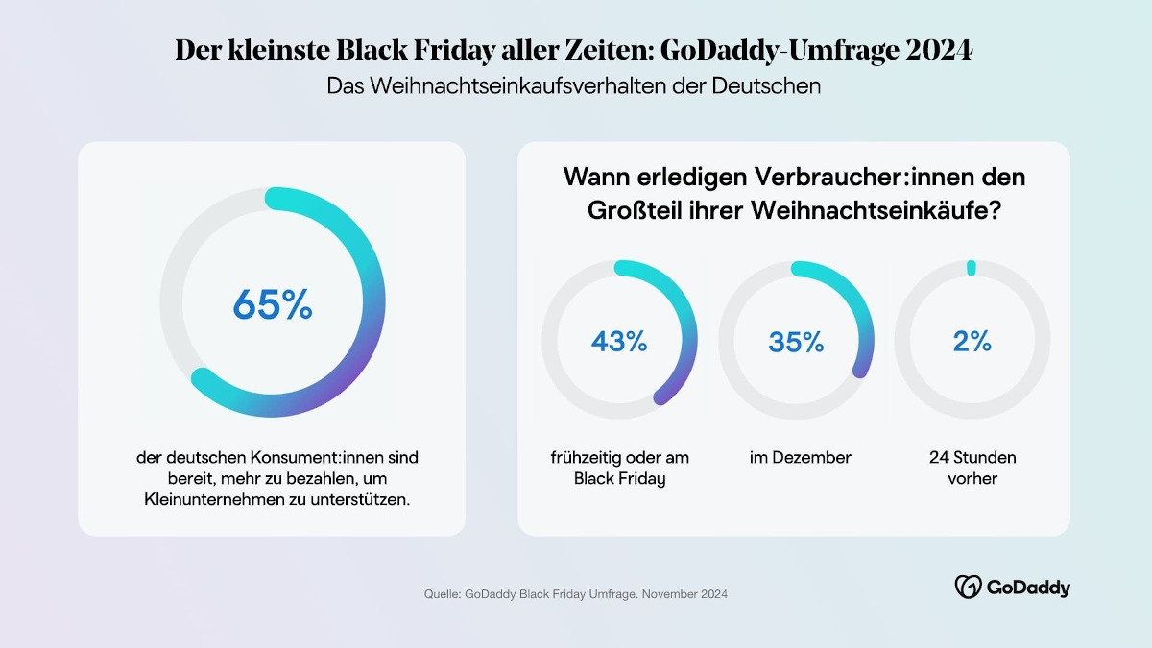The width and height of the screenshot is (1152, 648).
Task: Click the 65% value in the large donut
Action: click(x=273, y=304)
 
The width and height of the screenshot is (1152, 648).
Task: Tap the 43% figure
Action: click(x=619, y=341)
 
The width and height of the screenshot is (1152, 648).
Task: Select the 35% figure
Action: click(x=796, y=341)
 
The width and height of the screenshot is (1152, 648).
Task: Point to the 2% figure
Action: click(x=972, y=341)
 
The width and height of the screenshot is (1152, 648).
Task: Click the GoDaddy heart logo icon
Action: click(x=967, y=587)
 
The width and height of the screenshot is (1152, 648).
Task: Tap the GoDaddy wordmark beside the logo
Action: click(x=1026, y=588)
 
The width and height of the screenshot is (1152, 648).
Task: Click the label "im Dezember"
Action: click(x=800, y=458)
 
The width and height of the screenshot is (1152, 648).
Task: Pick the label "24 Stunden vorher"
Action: click(x=972, y=468)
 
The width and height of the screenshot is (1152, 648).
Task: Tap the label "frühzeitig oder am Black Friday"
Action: click(x=619, y=468)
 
